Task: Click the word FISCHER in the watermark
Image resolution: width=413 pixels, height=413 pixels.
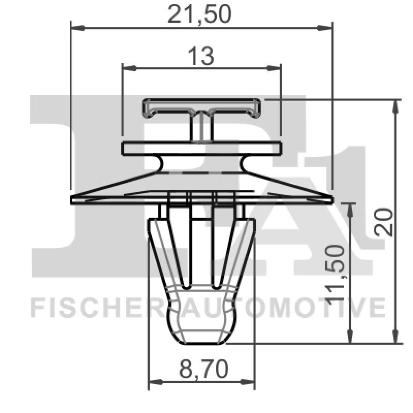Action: tap(96, 307)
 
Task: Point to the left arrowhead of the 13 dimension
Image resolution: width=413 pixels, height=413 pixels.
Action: tap(126, 68)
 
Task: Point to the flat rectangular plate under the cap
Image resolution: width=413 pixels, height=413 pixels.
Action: tap(202, 149)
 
